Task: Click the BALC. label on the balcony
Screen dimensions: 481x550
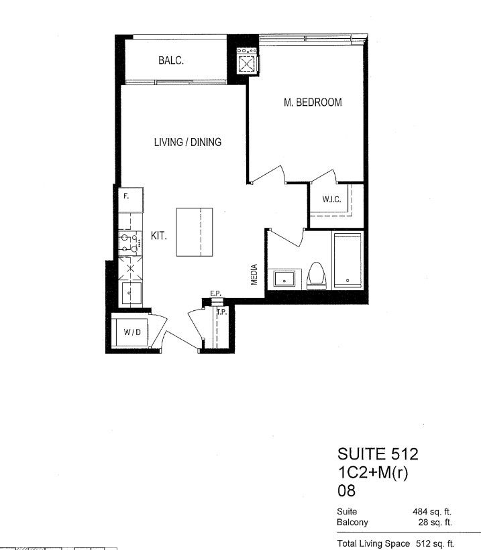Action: click(171, 60)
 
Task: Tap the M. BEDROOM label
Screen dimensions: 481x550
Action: click(313, 102)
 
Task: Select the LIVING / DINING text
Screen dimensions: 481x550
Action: click(188, 142)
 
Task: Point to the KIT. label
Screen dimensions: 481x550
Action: click(158, 236)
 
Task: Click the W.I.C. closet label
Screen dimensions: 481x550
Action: click(331, 199)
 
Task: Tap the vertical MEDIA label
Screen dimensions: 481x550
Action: click(254, 274)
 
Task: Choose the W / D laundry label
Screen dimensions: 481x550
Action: click(132, 332)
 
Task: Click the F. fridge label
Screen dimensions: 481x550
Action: click(126, 196)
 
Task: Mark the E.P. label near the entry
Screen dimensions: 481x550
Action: click(215, 293)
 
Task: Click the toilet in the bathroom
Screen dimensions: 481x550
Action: click(317, 276)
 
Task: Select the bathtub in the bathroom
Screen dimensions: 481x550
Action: click(348, 260)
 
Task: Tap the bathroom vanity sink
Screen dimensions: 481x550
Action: click(284, 279)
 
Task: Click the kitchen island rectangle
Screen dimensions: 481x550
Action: click(195, 232)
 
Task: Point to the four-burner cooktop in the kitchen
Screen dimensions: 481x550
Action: click(130, 243)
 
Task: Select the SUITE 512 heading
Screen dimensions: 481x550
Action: click(378, 454)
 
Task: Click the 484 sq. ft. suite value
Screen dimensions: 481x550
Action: click(432, 512)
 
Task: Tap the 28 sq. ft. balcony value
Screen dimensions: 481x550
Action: click(435, 523)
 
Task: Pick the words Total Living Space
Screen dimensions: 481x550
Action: click(373, 543)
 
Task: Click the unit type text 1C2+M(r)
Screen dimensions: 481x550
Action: click(373, 473)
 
